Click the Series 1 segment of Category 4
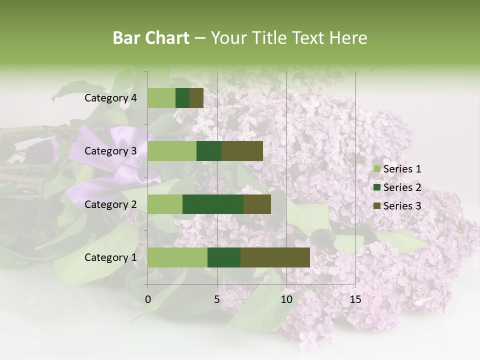tap(161, 98)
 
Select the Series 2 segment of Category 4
tap(182, 98)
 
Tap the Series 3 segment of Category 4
tap(196, 98)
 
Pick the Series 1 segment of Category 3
tap(172, 151)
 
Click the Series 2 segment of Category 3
tap(209, 151)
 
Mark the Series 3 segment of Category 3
tap(242, 151)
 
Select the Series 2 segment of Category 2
tap(213, 204)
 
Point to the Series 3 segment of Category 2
tap(257, 204)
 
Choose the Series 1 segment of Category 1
tap(177, 257)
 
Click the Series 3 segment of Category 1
tap(275, 257)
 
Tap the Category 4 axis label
tap(110, 98)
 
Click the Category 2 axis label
tap(110, 204)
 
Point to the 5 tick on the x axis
tap(217, 299)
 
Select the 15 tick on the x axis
tap(355, 299)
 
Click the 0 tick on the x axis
tap(148, 299)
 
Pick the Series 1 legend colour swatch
tap(376, 169)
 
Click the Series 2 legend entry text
tap(402, 187)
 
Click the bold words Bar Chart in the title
tap(151, 38)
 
